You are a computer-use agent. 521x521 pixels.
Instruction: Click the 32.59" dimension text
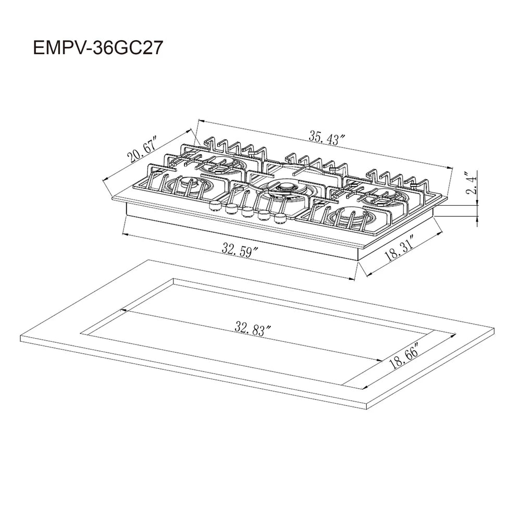[240, 250]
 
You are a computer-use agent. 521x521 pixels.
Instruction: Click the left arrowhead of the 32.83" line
[123, 311]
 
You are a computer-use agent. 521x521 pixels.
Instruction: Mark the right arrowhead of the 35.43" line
[449, 167]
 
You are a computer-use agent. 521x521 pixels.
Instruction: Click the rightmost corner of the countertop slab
[494, 329]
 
